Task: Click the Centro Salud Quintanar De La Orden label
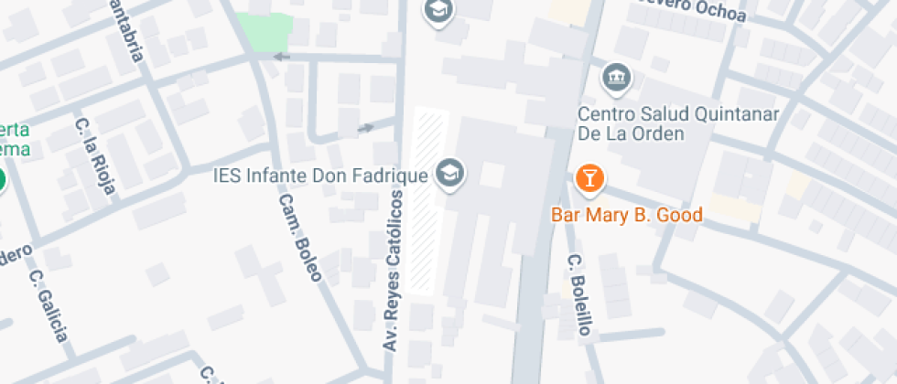click(x=677, y=123)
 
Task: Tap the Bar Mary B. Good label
click(x=626, y=216)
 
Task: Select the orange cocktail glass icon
click(x=589, y=178)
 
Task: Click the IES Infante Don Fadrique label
click(x=320, y=174)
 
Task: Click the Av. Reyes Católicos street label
click(x=394, y=271)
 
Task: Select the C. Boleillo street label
click(x=579, y=294)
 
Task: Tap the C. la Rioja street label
click(x=95, y=156)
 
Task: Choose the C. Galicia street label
click(x=49, y=305)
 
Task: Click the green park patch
click(x=265, y=29)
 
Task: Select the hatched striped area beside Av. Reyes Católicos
click(x=428, y=201)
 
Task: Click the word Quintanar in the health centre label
click(x=730, y=114)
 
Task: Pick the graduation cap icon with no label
click(x=439, y=11)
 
